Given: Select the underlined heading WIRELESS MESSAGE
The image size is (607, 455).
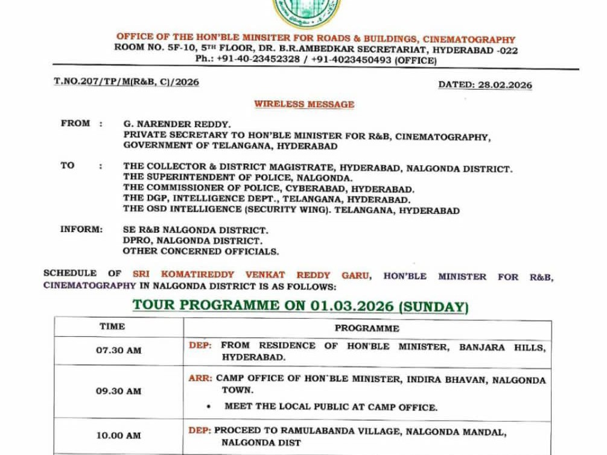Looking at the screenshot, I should [303, 104].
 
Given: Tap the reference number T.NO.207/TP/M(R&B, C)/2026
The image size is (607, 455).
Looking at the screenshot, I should [126, 82].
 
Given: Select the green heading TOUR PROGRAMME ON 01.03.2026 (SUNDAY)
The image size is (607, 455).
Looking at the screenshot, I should [300, 306].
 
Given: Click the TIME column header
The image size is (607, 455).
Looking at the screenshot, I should [112, 327].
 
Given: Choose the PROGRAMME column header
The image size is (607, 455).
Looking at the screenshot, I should [367, 328].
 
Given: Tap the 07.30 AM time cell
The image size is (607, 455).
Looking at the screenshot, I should [118, 350].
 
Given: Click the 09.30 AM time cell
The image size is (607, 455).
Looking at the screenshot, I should [118, 391].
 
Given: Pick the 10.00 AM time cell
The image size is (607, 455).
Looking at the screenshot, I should [118, 436].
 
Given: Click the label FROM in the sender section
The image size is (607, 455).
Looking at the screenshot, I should [75, 124].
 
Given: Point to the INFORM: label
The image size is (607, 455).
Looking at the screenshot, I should [81, 230].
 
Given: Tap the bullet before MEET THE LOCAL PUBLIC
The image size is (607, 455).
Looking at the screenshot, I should [208, 407].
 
